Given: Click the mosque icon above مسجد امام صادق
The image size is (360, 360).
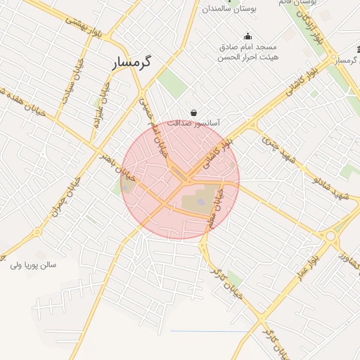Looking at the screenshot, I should [x=247, y=37].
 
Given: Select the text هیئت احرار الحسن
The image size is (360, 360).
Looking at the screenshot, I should [x=247, y=58].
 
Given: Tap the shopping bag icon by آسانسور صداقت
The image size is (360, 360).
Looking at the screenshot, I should [x=193, y=112].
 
